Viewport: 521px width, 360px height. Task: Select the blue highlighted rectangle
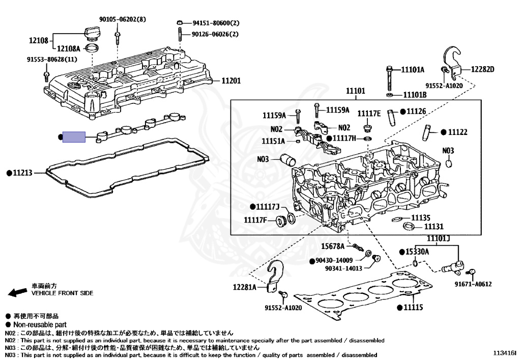pyautogui.click(x=74, y=137)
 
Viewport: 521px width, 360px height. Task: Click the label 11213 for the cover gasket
pyautogui.click(x=22, y=173)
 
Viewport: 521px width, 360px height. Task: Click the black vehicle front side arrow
pyautogui.click(x=17, y=292)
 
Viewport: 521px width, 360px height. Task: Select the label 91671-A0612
pyautogui.click(x=473, y=284)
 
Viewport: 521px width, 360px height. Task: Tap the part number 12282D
pyautogui.click(x=482, y=69)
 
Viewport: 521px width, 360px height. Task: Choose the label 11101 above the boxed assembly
pyautogui.click(x=356, y=91)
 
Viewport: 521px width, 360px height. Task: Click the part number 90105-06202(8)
pyautogui.click(x=123, y=19)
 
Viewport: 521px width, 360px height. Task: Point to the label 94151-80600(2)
pyautogui.click(x=215, y=23)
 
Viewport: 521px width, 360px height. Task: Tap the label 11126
pyautogui.click(x=416, y=111)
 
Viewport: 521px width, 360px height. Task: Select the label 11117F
pyautogui.click(x=255, y=220)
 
